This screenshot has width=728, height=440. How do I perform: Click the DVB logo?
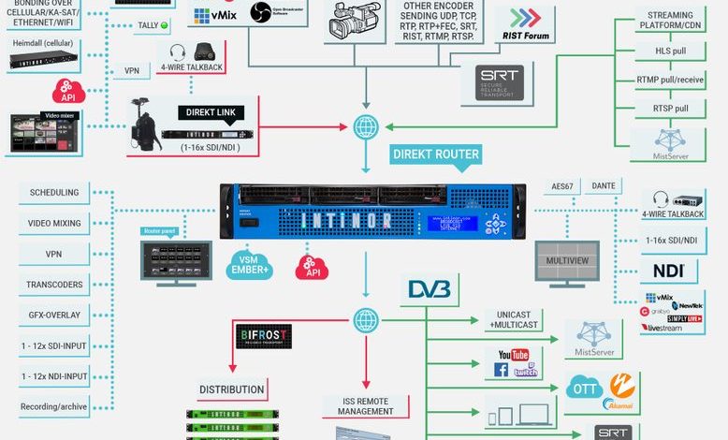430,290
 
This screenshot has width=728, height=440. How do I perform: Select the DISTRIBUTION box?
232,389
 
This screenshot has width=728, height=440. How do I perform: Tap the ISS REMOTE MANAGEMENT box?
366,406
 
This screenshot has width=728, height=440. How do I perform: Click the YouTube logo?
514,355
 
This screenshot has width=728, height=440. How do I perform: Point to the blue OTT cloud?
585,387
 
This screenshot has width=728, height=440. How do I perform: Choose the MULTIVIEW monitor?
566,260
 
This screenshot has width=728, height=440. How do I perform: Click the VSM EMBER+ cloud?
250,265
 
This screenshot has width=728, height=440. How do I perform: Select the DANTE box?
604,186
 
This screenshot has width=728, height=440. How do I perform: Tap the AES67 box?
562,186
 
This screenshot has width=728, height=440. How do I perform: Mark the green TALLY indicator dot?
165,25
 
